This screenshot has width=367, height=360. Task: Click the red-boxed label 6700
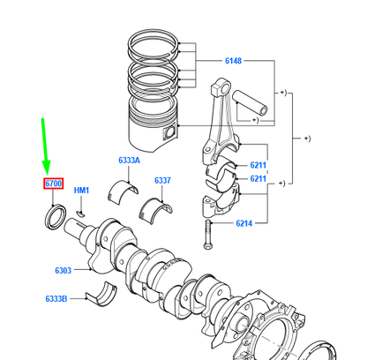[55, 184]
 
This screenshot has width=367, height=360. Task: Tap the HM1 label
[81, 191]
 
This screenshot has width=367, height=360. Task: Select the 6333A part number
[130, 161]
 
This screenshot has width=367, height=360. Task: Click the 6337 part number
[162, 180]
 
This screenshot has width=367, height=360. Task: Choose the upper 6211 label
[258, 164]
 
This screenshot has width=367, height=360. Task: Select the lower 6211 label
[258, 179]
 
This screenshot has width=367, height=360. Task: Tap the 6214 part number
[244, 223]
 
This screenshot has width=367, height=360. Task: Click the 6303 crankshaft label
[63, 270]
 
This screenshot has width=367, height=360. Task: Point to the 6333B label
[56, 298]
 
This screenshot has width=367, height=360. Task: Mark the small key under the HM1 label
[80, 211]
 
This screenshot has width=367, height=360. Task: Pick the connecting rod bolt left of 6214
[208, 234]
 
